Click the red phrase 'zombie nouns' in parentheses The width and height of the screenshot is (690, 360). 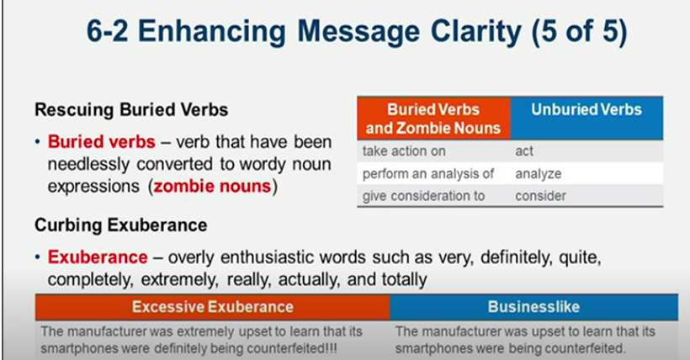coord(213,186)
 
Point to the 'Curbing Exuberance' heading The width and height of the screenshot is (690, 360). coord(121,225)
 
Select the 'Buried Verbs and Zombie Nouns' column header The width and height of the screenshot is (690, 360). coord(433,119)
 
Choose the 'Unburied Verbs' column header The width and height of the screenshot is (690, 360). coord(586,109)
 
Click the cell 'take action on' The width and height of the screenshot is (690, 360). coord(404,151)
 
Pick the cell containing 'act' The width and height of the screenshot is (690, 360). coord(524,151)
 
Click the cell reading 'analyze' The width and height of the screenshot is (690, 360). coord(538,174)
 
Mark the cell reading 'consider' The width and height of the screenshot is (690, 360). coord(540,196)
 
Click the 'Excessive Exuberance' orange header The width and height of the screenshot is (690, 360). coord(212,306)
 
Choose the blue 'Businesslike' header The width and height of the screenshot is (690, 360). coord(533,306)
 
